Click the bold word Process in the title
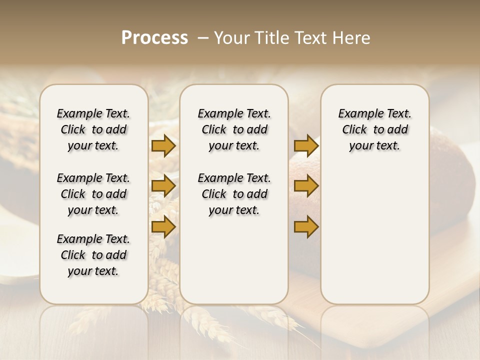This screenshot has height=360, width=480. pyautogui.click(x=154, y=38)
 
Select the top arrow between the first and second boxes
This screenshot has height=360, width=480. pyautogui.click(x=163, y=145)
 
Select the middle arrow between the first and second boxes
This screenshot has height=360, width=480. pyautogui.click(x=163, y=186)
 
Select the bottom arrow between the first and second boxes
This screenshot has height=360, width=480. pyautogui.click(x=163, y=227)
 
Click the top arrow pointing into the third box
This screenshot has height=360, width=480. pyautogui.click(x=306, y=145)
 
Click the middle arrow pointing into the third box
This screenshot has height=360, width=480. pyautogui.click(x=306, y=186)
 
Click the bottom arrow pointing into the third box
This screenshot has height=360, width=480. pyautogui.click(x=306, y=227)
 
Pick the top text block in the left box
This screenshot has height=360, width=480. pyautogui.click(x=93, y=129)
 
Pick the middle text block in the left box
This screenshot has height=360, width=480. pyautogui.click(x=93, y=194)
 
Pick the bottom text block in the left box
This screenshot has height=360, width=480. pyautogui.click(x=93, y=255)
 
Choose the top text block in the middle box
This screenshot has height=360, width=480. pyautogui.click(x=234, y=129)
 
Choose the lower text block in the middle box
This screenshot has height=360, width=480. pyautogui.click(x=234, y=194)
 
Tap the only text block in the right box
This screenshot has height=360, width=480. pyautogui.click(x=375, y=129)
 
